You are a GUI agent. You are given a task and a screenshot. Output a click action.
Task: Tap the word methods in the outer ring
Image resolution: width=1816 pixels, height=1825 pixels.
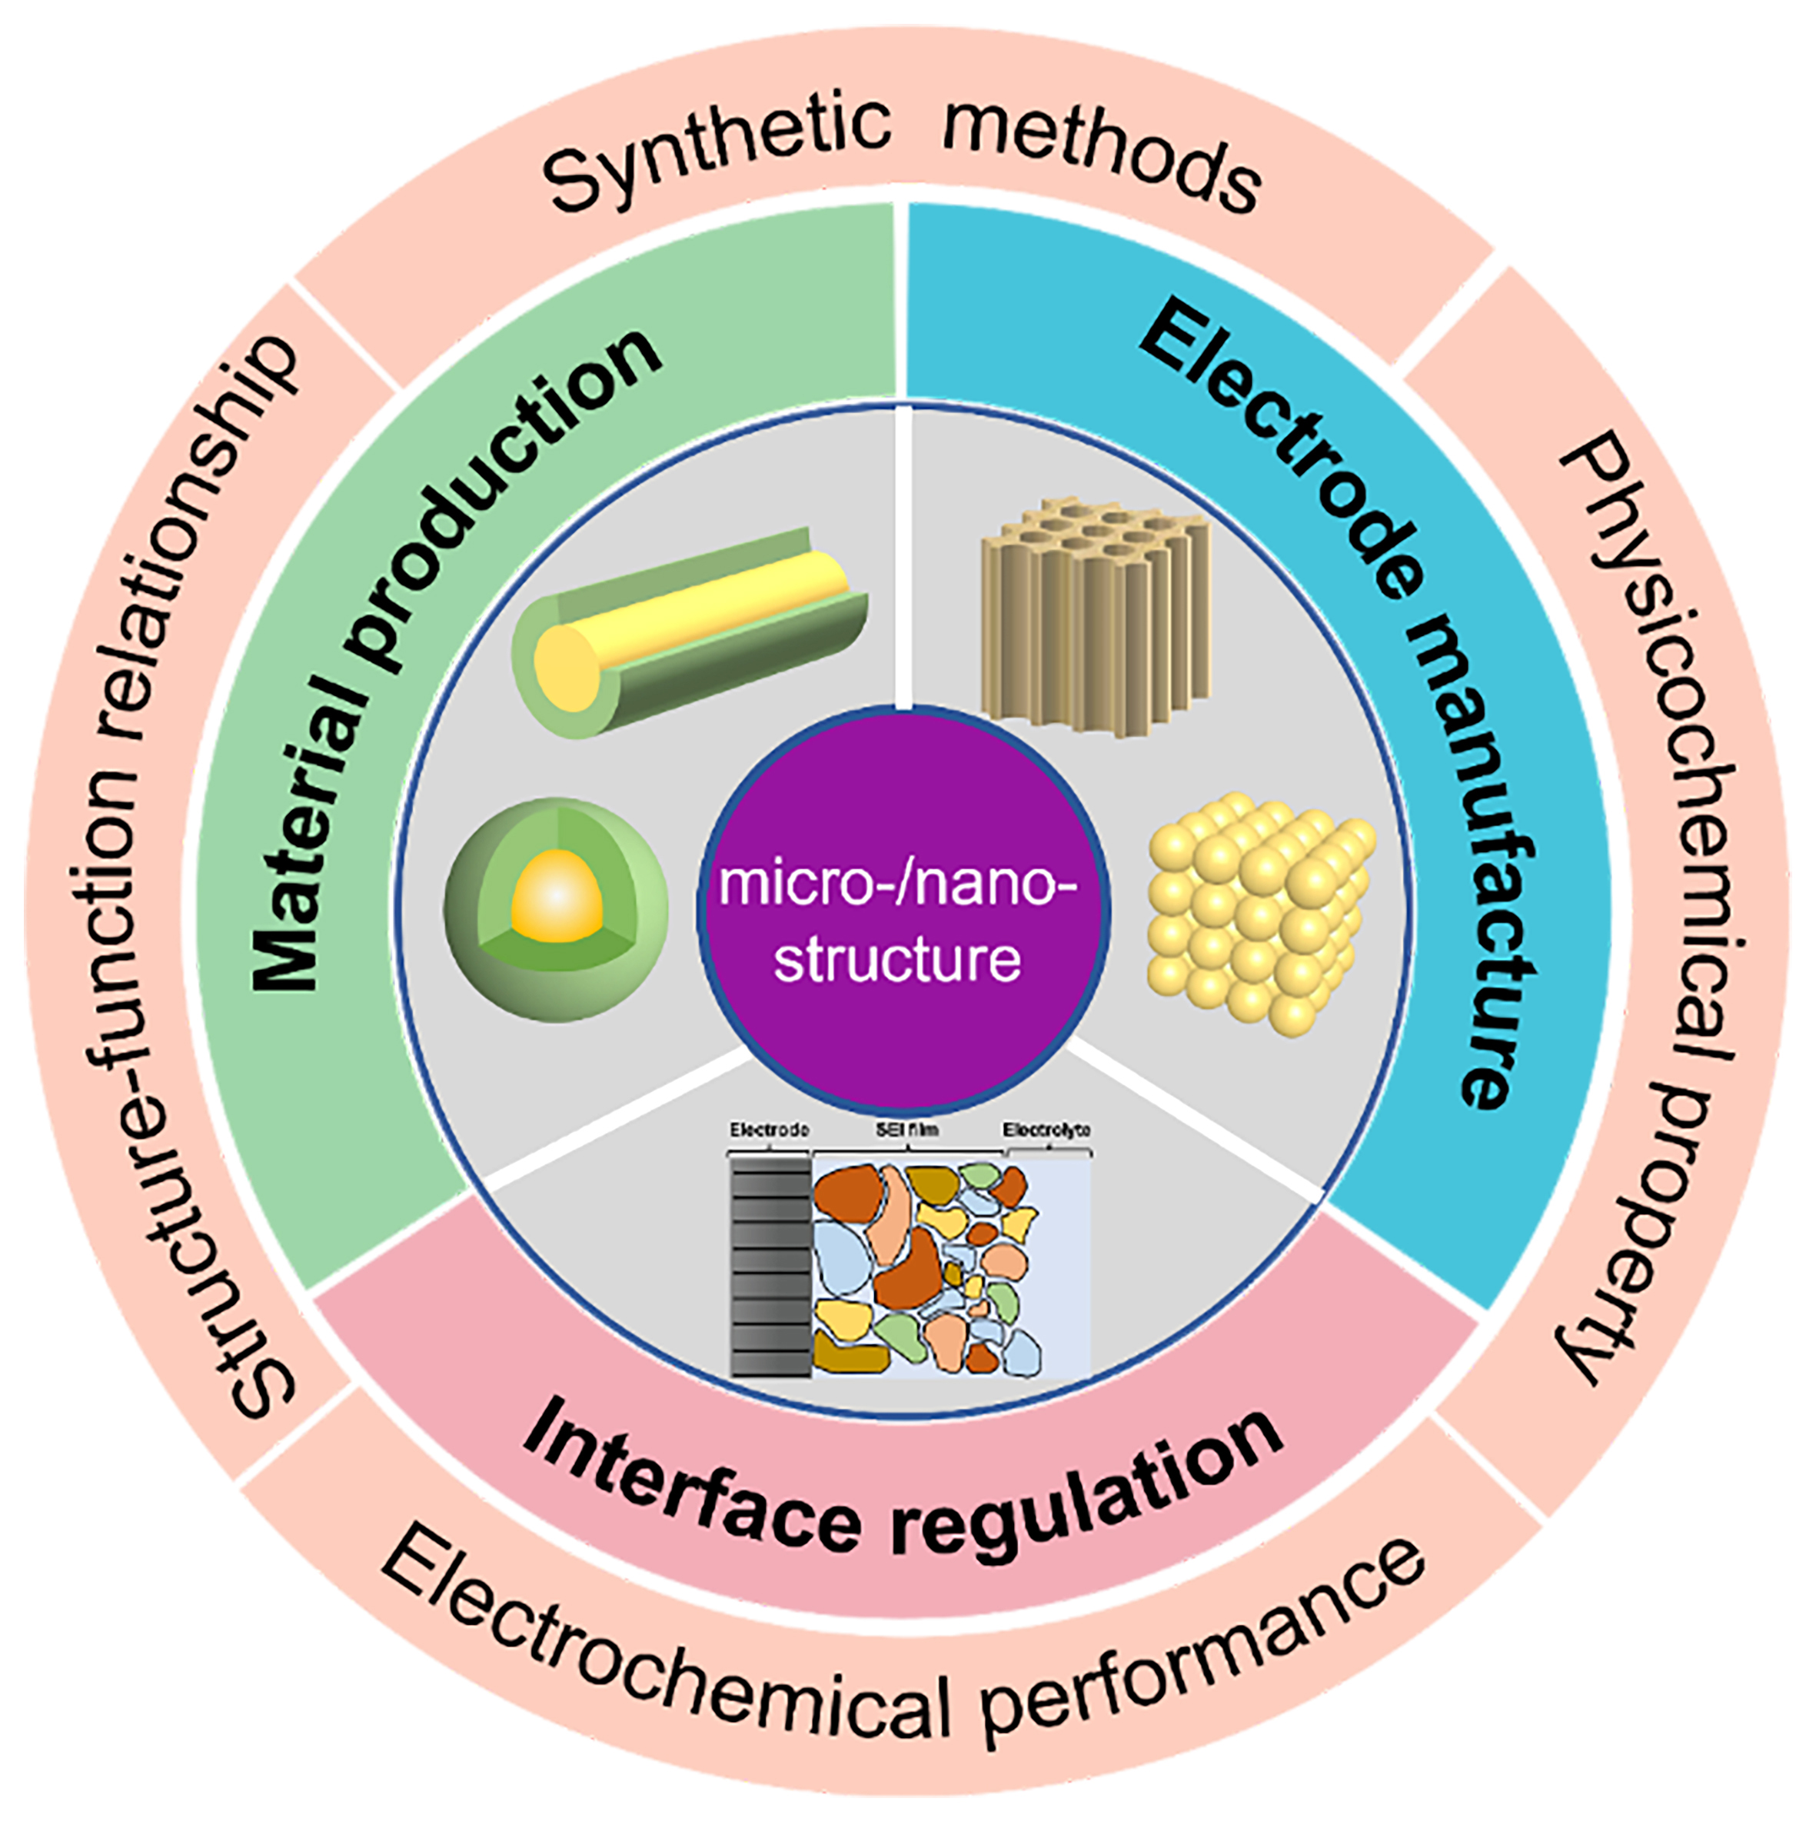point(1100,156)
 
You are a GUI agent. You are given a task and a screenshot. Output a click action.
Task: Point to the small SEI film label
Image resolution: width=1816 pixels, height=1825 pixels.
point(906,1130)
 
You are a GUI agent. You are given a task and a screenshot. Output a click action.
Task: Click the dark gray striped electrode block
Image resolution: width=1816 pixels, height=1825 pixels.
point(770,1266)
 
